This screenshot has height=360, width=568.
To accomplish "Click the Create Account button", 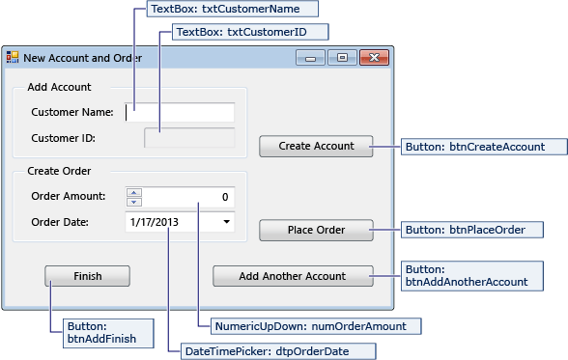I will point(316,146).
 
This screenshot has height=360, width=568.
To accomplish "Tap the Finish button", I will point(87,276).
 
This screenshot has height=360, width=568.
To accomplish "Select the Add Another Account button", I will point(293,276).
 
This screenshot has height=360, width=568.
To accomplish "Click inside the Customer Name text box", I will point(180,112).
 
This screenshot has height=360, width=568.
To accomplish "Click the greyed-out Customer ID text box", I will point(188,138).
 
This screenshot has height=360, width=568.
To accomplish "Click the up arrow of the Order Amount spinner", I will point(134,192).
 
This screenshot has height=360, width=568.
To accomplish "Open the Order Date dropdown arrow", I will point(226,222).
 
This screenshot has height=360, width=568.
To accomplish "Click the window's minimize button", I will point(310,58).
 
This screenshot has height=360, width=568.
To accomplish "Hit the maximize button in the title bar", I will point(341,58).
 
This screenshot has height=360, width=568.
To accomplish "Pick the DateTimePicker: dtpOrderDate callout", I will point(267,351).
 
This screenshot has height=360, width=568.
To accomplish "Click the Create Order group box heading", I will point(59,171).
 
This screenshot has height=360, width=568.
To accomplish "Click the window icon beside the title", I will point(13,57).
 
